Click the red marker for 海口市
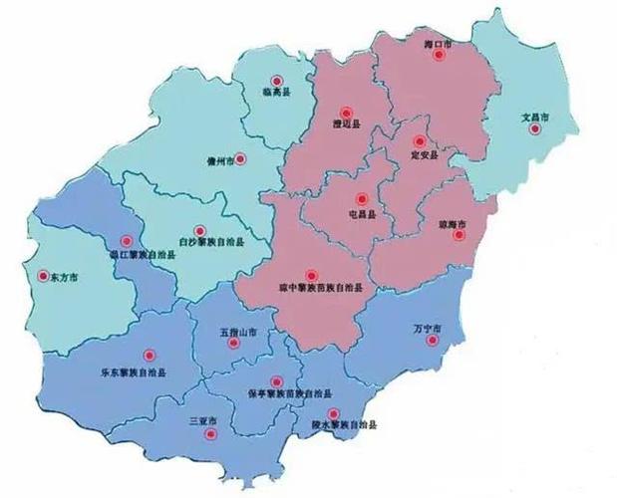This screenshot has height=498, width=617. (x=438, y=56)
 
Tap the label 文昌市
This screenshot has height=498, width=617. (x=536, y=117)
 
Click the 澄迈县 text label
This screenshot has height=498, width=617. (x=345, y=125)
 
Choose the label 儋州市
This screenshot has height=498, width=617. (x=219, y=159)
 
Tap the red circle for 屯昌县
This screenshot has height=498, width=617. (x=360, y=198)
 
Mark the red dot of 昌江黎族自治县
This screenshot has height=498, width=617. (x=126, y=240)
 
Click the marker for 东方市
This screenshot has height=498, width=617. (x=42, y=276)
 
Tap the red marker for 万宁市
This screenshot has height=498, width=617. (x=431, y=341)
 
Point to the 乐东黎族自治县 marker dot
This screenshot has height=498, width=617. (x=150, y=354)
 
